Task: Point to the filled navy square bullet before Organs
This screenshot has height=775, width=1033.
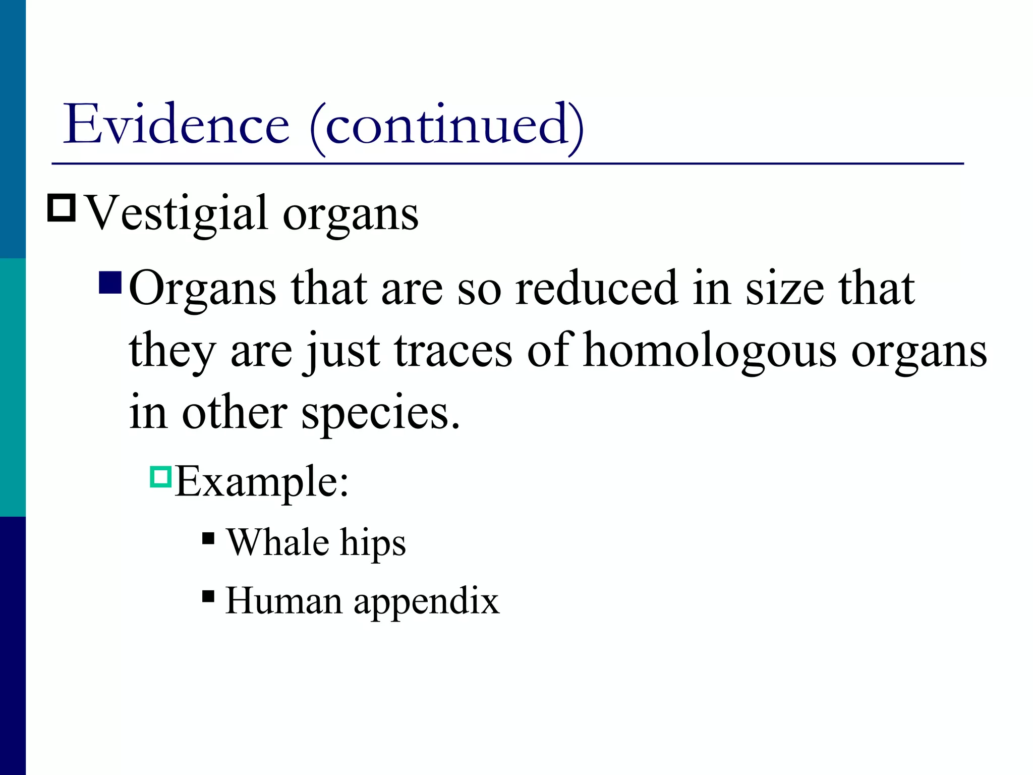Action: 110,283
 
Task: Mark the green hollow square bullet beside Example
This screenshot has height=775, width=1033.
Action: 161,476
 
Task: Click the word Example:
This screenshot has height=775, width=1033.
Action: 262,482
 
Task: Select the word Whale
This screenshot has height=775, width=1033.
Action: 277,542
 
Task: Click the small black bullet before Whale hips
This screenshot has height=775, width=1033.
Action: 208,539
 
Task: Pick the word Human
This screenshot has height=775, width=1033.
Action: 283,601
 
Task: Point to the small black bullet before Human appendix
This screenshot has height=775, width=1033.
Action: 208,597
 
